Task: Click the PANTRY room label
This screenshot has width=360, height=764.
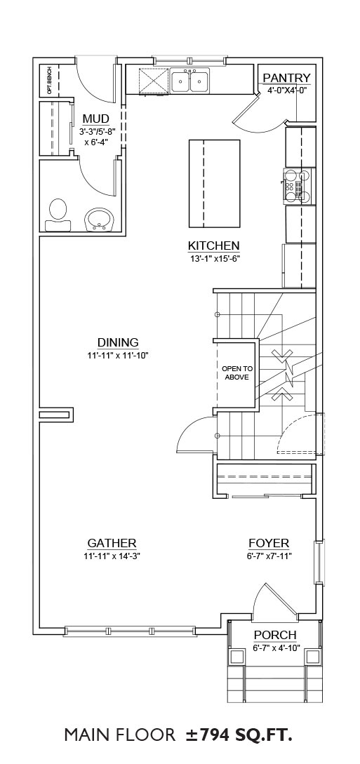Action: click(286, 78)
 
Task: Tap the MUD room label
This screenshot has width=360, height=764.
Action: click(95, 119)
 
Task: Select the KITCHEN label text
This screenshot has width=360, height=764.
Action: click(214, 246)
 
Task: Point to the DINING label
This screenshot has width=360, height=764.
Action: click(118, 342)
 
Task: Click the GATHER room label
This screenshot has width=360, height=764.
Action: click(112, 543)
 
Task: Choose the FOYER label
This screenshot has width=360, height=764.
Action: click(269, 543)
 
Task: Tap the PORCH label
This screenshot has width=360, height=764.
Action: click(275, 636)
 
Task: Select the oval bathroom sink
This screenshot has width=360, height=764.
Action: click(99, 220)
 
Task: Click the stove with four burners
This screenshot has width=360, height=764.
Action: click(297, 185)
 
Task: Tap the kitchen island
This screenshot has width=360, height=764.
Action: click(214, 184)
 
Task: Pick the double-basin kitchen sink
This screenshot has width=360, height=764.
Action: click(190, 81)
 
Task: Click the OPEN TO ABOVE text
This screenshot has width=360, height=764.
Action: click(237, 373)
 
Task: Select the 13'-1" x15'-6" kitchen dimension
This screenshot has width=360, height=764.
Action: click(214, 258)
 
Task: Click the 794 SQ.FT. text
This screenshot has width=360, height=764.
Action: click(244, 735)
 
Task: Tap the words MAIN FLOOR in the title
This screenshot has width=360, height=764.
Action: click(120, 735)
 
